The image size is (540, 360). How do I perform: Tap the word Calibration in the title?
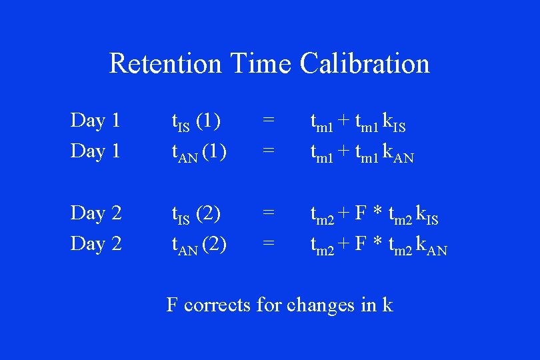[365, 64]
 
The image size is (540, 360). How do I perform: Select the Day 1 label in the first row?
[95, 121]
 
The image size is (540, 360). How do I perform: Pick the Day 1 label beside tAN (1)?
[95, 151]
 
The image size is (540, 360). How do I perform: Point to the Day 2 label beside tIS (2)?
[95, 213]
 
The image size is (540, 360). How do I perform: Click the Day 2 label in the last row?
[95, 244]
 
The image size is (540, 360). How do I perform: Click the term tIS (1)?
[197, 122]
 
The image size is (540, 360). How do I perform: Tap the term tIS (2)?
[197, 215]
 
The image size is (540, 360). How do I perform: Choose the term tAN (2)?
[199, 245]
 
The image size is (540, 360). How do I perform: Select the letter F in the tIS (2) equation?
[361, 213]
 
